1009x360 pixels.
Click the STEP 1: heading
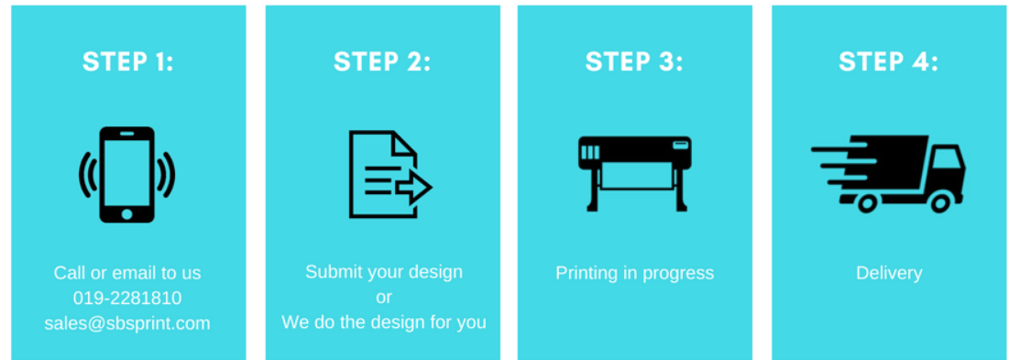click(x=128, y=61)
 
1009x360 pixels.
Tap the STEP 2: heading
click(x=382, y=61)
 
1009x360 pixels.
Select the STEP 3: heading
click(x=634, y=61)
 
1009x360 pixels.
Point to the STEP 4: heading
click(x=889, y=61)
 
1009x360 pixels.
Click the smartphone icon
click(x=126, y=175)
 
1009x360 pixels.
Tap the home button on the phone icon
click(x=126, y=213)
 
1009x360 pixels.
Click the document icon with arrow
click(x=390, y=174)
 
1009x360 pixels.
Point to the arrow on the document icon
click(x=413, y=188)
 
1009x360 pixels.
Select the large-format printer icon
click(x=634, y=173)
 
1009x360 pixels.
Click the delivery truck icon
click(x=889, y=173)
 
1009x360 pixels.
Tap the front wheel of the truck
click(x=941, y=203)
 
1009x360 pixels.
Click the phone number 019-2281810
click(x=127, y=299)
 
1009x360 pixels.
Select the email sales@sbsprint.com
click(x=127, y=322)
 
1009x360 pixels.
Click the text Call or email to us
click(x=127, y=273)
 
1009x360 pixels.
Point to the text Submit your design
click(x=383, y=271)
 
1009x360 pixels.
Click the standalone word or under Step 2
click(x=383, y=298)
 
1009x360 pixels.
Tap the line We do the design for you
click(x=383, y=322)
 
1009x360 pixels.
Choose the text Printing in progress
click(x=634, y=273)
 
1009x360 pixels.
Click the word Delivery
click(x=889, y=273)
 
